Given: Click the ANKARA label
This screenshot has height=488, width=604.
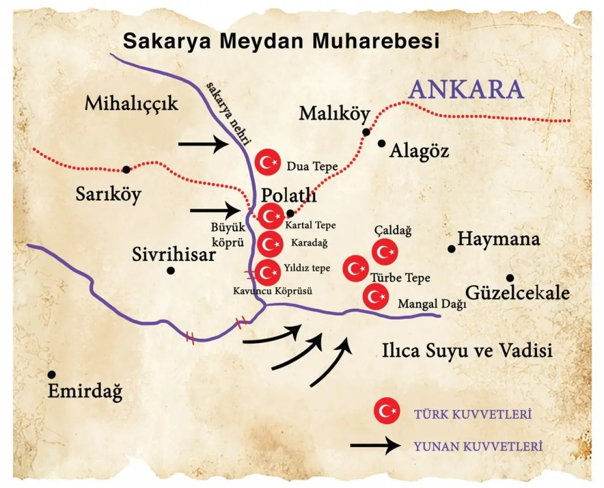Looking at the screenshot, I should (466, 90).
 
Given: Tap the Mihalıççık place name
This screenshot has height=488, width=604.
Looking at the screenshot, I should (131, 103).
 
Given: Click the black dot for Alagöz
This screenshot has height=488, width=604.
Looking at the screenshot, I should (381, 143).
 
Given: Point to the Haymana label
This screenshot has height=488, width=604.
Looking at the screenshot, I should (498, 239).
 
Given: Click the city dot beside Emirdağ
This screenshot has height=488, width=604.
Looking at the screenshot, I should (51, 375).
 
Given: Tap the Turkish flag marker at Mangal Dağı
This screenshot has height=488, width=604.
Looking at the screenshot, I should (376, 297).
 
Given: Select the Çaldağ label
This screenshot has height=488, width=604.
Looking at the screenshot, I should (393, 230).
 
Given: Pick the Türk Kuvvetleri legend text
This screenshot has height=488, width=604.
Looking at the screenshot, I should (473, 414).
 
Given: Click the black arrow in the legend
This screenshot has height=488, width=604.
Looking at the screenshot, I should (375, 445).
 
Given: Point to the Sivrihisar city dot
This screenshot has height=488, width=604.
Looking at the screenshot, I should (171, 270).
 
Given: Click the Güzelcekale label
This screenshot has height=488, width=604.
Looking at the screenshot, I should (517, 293).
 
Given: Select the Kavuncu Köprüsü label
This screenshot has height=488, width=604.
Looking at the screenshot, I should (273, 291).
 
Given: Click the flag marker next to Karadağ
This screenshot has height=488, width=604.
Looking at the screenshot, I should (270, 244).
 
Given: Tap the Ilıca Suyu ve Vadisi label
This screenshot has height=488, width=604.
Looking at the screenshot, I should (467, 351).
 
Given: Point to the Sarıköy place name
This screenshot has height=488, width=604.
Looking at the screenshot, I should (108, 194).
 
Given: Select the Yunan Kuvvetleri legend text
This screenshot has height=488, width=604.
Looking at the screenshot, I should (478, 446).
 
